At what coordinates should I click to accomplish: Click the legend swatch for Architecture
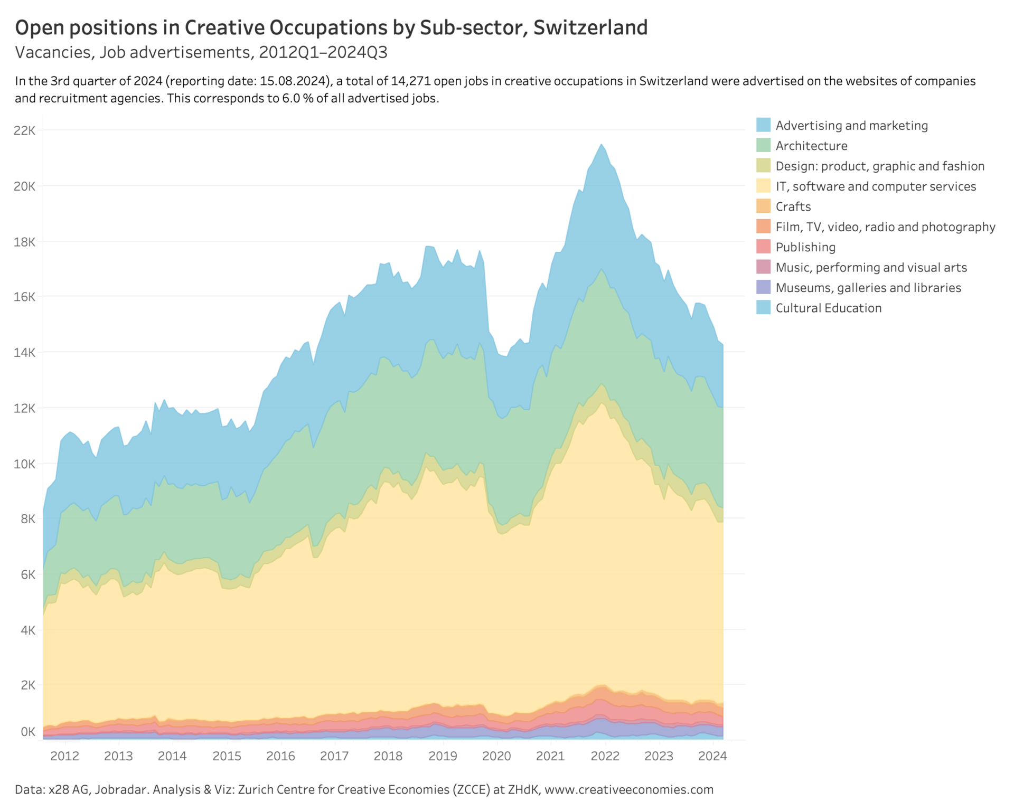click(x=763, y=145)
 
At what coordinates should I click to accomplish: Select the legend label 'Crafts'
click(x=793, y=206)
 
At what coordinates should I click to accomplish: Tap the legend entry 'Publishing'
click(x=805, y=247)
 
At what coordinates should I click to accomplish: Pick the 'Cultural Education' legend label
click(x=828, y=308)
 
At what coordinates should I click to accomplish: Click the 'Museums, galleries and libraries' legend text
click(x=868, y=288)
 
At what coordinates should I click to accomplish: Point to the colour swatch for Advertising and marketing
click(x=763, y=125)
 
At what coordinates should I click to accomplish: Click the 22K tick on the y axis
click(x=25, y=130)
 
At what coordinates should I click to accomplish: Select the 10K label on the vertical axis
click(x=25, y=464)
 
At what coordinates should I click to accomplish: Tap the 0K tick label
click(x=28, y=732)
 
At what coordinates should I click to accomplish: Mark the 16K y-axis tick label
click(x=25, y=297)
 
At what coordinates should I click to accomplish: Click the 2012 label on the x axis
click(x=64, y=756)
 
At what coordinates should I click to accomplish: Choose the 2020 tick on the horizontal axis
click(x=496, y=756)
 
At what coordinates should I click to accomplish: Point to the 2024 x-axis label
click(x=712, y=756)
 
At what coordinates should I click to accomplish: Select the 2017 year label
click(x=334, y=756)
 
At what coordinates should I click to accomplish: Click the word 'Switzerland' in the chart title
click(x=590, y=27)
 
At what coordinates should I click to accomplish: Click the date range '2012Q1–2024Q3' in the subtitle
click(x=323, y=52)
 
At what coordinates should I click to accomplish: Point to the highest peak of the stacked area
click(x=601, y=144)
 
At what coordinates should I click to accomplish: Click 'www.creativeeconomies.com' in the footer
click(x=628, y=789)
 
